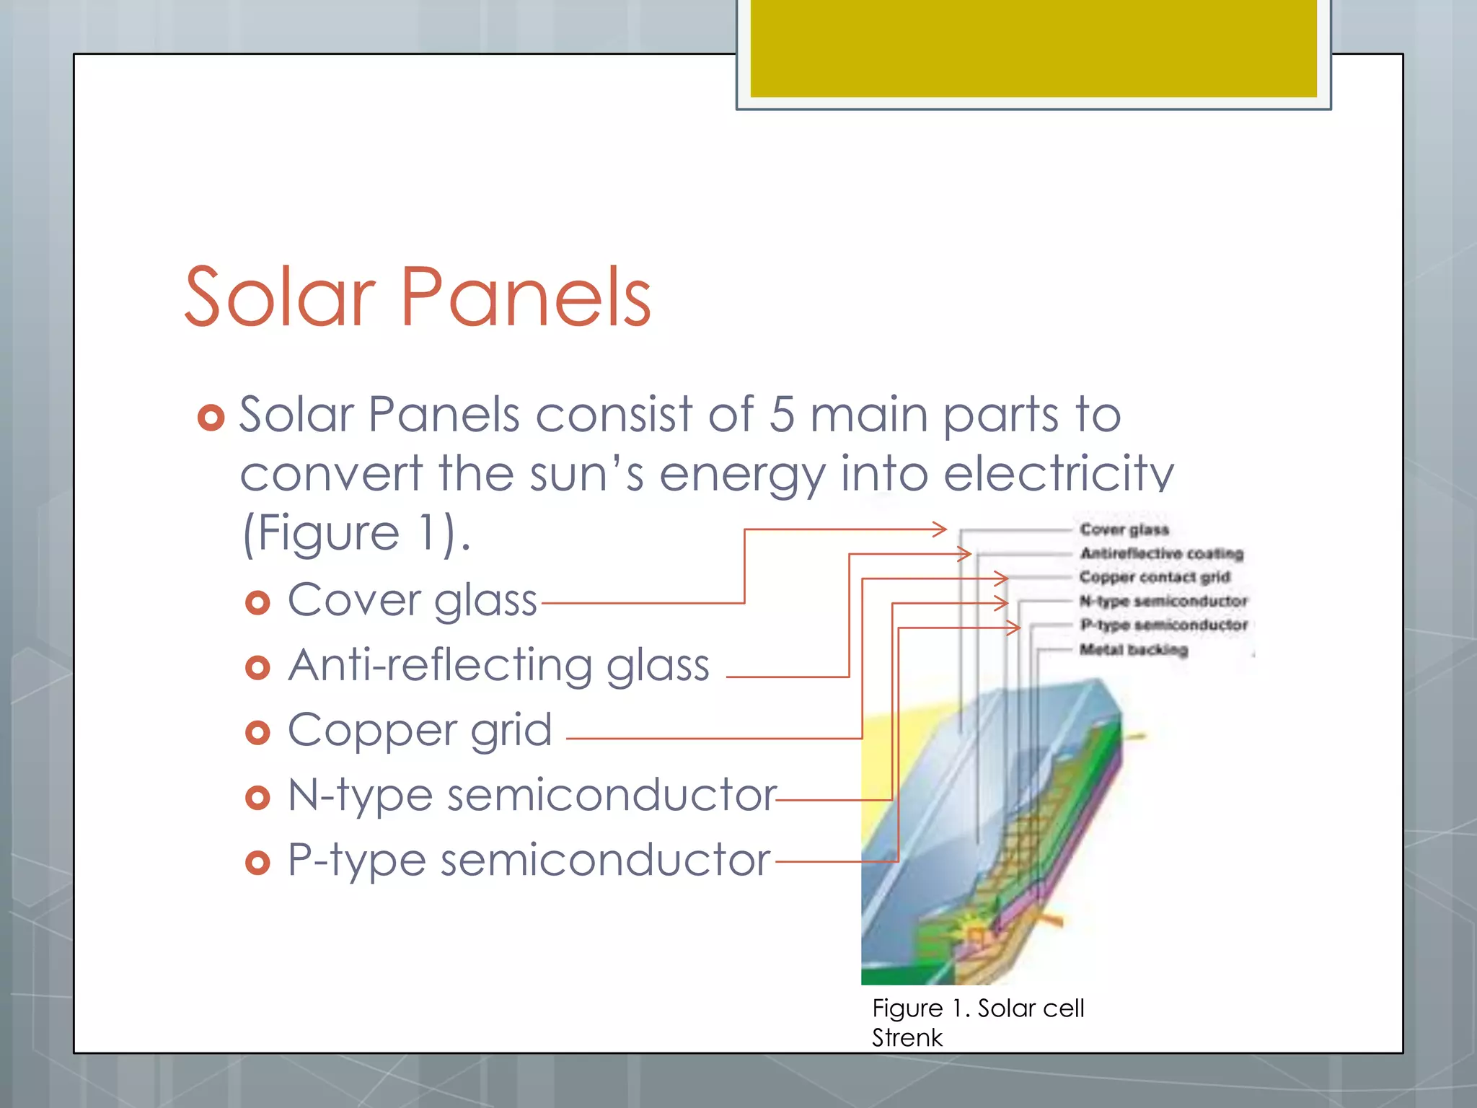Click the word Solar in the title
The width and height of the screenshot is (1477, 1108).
280,297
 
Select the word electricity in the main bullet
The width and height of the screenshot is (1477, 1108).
1059,474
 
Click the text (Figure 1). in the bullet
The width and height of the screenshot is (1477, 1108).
356,534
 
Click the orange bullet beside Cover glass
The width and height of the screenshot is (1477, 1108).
257,602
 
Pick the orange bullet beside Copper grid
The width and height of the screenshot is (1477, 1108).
257,733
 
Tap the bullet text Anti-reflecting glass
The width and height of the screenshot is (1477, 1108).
498,665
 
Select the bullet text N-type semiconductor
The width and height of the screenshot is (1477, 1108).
532,795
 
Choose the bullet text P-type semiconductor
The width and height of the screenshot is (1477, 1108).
529,860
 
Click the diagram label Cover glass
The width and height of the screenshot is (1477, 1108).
1124,529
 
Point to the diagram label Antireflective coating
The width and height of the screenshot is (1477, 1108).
1161,553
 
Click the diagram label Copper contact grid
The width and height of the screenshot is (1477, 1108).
1154,577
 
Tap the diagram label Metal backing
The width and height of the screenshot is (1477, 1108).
1133,649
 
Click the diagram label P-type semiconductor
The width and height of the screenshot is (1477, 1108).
1163,625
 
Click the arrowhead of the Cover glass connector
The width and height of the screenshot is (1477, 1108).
940,529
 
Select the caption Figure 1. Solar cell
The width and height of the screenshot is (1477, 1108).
977,1008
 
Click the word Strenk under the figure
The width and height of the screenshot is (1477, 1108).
907,1037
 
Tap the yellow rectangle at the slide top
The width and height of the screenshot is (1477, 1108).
1033,48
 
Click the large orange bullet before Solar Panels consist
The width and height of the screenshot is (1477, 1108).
211,417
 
